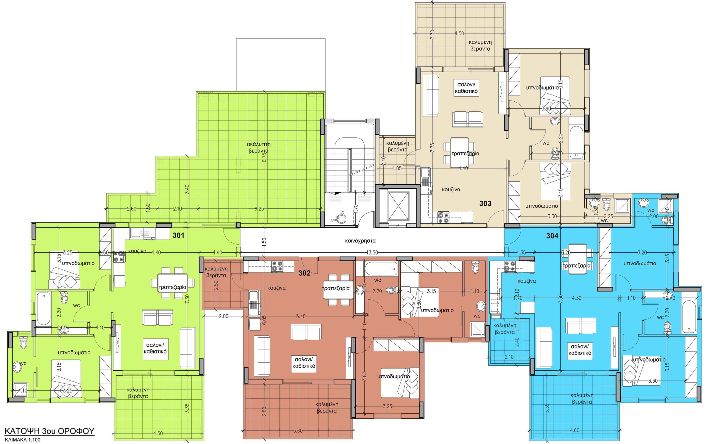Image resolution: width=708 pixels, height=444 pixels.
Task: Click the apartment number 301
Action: pos(178,235)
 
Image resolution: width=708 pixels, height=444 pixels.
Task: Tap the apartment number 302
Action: pos(304,273)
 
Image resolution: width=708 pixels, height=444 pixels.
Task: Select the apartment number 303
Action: pos(485,203)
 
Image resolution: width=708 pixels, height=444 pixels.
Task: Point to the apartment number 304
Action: pos(552,236)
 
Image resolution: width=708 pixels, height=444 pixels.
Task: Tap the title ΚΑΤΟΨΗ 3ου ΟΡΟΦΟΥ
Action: pos(50,431)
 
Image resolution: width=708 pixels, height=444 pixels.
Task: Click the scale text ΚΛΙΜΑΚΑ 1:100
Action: pos(23,440)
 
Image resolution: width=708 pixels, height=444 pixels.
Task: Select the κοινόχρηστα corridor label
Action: pos(360,241)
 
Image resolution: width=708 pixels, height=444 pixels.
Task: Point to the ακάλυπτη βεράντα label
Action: pos(259,147)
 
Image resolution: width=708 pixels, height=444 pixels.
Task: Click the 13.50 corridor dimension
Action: pos(371,252)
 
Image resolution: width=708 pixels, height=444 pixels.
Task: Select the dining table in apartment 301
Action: pos(173,283)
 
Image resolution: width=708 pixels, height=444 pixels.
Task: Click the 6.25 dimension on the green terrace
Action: pos(259,209)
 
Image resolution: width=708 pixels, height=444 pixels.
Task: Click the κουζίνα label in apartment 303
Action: pos(451,190)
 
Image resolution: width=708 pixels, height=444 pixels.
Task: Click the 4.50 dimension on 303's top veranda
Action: pos(459,34)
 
